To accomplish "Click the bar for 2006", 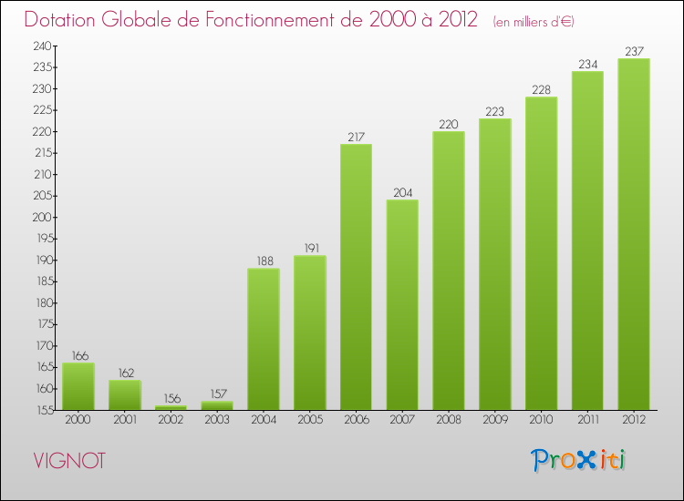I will tap(356, 277).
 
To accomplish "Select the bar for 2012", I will tap(634, 234).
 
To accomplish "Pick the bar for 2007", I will tap(402, 304).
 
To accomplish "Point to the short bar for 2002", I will tap(171, 407).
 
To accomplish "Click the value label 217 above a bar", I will tap(356, 138).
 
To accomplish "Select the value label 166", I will tap(78, 356).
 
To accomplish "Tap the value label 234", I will tap(587, 65).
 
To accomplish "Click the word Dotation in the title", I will tap(65, 19).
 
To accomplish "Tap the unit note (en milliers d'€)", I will tap(534, 21).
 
